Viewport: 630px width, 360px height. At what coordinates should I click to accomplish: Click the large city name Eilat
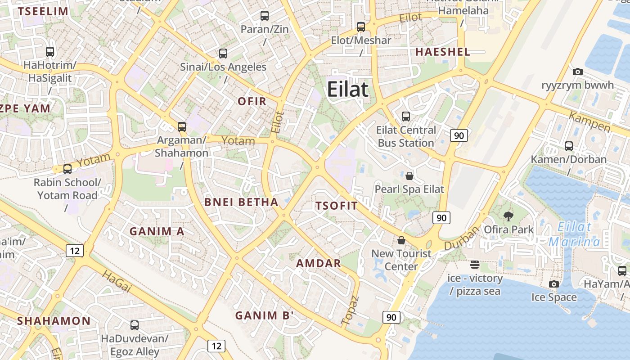[347, 89]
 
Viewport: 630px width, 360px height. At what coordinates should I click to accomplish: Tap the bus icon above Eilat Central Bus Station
[406, 117]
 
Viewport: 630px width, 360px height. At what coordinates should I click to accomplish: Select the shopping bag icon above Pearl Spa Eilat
[409, 175]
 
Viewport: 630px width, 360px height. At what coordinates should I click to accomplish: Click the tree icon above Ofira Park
[508, 216]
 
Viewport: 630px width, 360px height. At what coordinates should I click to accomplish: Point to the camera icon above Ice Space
[554, 284]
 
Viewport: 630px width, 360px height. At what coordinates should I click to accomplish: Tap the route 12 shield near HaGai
[74, 250]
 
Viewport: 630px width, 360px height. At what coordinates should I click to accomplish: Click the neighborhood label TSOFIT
[336, 206]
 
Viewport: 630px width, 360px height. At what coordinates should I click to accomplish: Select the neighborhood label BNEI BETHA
[241, 202]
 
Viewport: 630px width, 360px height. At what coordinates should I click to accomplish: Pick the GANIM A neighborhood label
[157, 231]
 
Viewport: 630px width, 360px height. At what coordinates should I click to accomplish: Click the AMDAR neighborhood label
[319, 263]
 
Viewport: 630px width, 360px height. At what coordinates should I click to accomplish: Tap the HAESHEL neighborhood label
[442, 52]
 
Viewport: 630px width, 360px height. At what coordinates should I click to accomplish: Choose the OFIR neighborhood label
[252, 101]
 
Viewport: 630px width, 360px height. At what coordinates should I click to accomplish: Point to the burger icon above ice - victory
[475, 264]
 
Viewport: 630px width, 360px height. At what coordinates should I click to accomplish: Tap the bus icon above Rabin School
[67, 169]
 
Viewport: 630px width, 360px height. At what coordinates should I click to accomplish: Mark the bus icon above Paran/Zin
[265, 16]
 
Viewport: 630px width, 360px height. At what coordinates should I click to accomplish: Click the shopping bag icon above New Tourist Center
[401, 241]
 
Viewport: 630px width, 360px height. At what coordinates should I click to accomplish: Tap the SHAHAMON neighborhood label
[54, 321]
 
